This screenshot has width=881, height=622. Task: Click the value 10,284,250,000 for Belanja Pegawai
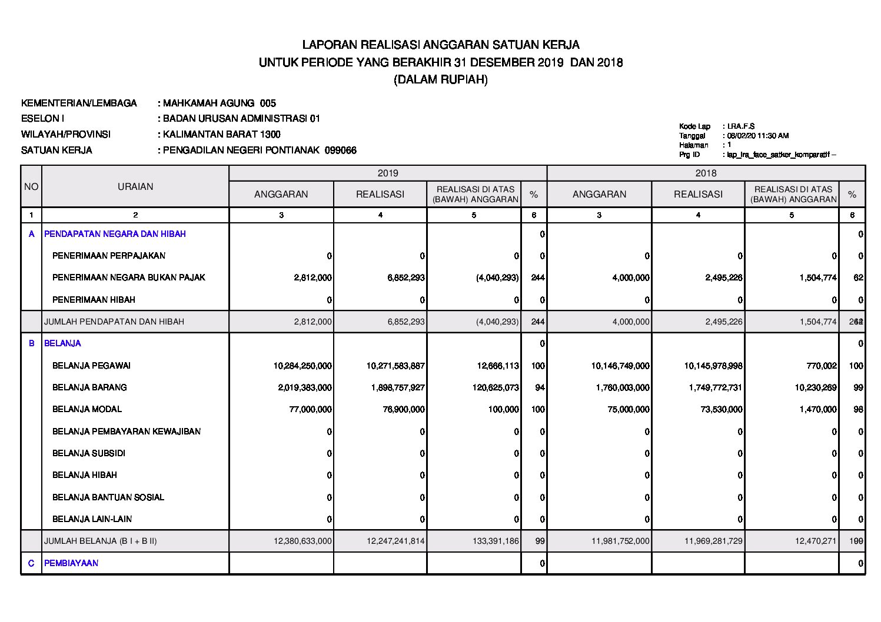[x=302, y=366]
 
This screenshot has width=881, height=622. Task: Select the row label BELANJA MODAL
[x=87, y=409]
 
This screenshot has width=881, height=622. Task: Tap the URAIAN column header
[x=135, y=187]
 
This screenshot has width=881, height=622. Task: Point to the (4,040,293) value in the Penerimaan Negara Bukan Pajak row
[x=497, y=277]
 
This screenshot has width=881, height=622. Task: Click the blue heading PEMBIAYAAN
[x=71, y=563]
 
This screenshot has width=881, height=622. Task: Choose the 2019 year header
[x=388, y=173]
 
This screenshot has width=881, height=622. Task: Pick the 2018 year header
[x=706, y=173]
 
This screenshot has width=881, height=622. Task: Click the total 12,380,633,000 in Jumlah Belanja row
[x=302, y=541]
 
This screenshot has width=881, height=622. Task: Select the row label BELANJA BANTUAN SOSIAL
[x=108, y=497]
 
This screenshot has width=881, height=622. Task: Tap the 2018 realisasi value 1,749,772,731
[x=713, y=387]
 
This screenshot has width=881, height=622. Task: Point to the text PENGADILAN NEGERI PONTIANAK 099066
[x=260, y=151]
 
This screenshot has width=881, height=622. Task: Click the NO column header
[x=31, y=187]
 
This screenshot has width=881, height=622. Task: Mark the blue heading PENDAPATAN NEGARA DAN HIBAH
[x=115, y=234]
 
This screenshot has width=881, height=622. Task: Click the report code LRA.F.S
[x=741, y=126]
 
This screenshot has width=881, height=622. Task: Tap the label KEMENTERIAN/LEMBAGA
[x=79, y=103]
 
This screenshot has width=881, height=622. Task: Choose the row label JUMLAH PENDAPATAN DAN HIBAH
[x=114, y=322]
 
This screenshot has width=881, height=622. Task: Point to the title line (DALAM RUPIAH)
[x=440, y=80]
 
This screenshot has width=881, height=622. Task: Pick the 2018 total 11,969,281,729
[x=713, y=541]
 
